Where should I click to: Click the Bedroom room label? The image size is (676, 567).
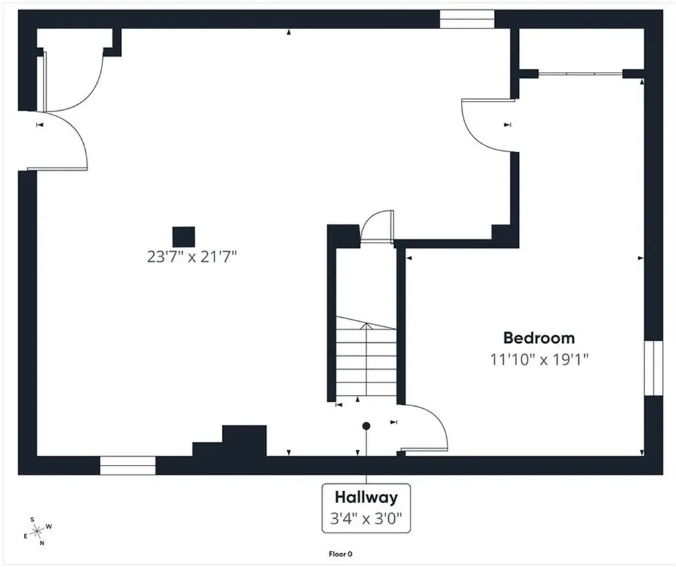click(539, 338)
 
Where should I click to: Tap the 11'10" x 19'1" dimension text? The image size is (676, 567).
click(539, 359)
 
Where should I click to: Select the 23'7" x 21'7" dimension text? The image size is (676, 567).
click(192, 257)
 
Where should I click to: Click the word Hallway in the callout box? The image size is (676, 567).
click(366, 497)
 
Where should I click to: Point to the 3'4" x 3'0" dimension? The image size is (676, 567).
click(366, 518)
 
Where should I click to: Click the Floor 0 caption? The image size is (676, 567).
click(340, 554)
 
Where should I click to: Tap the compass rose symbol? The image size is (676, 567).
click(38, 531)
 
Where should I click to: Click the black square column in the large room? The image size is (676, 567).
click(184, 237)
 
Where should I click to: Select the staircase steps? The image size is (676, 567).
click(366, 356)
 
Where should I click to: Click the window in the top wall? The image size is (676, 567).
click(467, 19)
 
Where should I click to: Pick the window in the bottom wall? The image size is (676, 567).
click(127, 465)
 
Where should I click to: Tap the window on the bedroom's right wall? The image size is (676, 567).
click(653, 368)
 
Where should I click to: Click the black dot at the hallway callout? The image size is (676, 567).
click(366, 426)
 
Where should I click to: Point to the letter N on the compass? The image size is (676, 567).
click(42, 543)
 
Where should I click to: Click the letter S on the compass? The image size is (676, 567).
click(32, 520)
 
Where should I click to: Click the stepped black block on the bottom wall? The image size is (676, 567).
click(229, 441)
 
